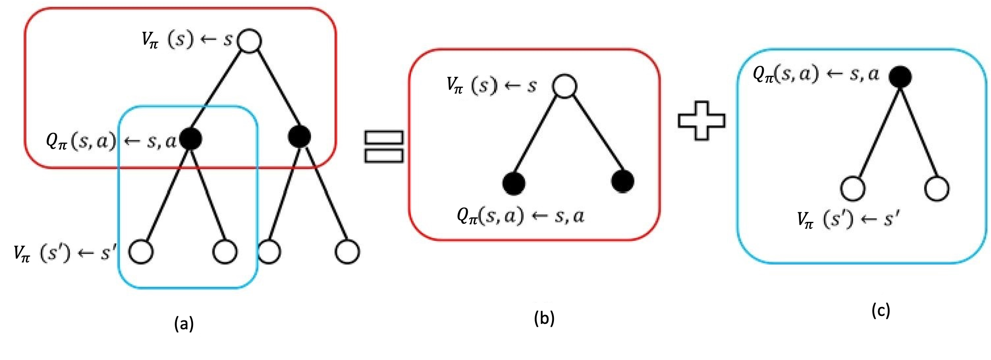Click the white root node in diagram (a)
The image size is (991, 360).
click(x=249, y=41)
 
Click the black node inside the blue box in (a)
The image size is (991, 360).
click(x=191, y=139)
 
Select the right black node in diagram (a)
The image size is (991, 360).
click(x=300, y=136)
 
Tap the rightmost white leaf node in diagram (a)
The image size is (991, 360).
click(x=347, y=252)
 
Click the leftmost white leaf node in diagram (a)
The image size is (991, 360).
click(x=141, y=252)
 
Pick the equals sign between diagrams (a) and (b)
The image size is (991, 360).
click(x=384, y=147)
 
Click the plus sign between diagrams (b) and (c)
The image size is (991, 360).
click(x=701, y=120)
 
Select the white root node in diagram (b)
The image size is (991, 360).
click(x=565, y=86)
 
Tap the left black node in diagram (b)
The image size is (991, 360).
click(x=514, y=183)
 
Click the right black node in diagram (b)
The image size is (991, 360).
click(x=623, y=181)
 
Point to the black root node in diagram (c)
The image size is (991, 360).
click(x=900, y=76)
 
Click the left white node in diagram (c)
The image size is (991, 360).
click(x=853, y=189)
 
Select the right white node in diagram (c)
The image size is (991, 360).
click(x=937, y=189)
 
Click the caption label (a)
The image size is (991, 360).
click(x=184, y=324)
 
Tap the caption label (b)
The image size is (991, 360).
click(x=544, y=318)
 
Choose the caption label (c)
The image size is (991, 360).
click(x=881, y=310)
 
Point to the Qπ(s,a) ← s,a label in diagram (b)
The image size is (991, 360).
click(x=521, y=216)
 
